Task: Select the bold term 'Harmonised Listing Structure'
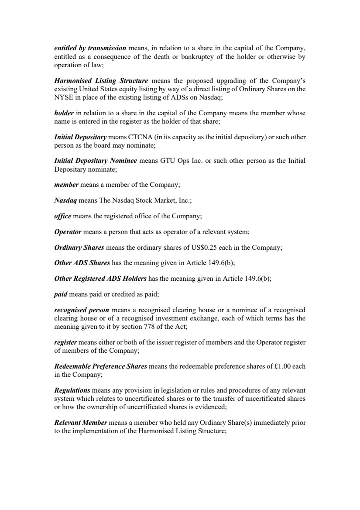pos(101,81)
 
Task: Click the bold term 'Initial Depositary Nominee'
pos(96,161)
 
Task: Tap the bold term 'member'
pos(66,185)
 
